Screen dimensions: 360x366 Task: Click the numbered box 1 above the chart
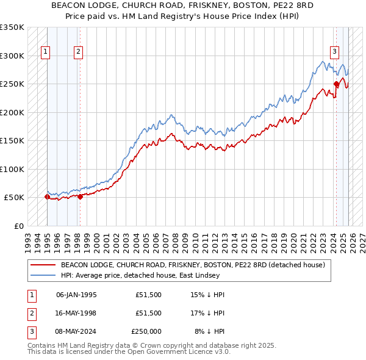(x=46, y=52)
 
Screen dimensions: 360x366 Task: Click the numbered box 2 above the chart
(x=79, y=52)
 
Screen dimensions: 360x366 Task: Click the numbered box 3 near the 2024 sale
(x=335, y=52)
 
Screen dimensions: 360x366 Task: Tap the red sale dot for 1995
(x=48, y=196)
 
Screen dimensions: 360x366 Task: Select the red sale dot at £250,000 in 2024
(x=336, y=84)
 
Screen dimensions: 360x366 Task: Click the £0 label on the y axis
(x=18, y=226)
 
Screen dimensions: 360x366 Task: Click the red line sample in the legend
(x=43, y=265)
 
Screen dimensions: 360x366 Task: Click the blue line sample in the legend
(x=43, y=275)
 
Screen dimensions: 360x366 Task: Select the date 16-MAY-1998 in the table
(x=76, y=313)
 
